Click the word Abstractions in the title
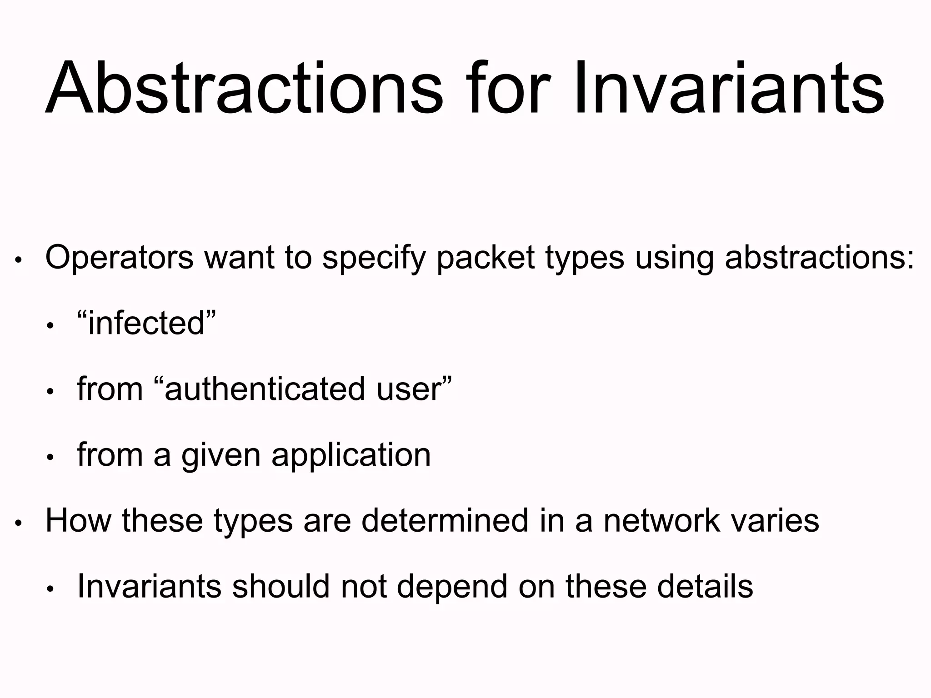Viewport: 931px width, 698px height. [x=244, y=89]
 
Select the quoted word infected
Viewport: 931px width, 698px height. [x=146, y=324]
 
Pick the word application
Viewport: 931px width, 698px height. [x=351, y=455]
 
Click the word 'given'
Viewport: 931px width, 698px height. [x=221, y=455]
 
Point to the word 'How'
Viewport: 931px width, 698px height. [x=78, y=521]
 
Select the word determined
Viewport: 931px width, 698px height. [x=445, y=521]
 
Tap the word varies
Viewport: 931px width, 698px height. [x=775, y=521]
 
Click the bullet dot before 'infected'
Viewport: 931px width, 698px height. [x=50, y=326]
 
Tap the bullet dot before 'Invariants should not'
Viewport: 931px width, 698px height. [x=50, y=589]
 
